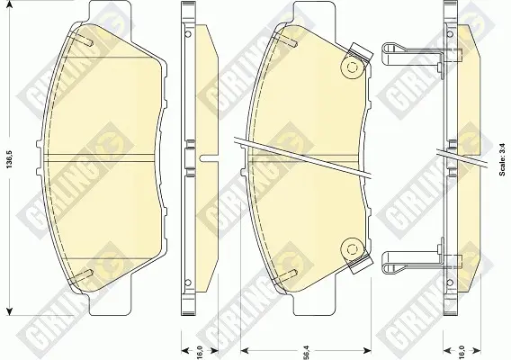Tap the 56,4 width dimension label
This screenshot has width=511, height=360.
pyautogui.click(x=307, y=352)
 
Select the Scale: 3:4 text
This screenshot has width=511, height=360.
pyautogui.click(x=502, y=159)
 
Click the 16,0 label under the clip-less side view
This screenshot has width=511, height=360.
pyautogui.click(x=200, y=352)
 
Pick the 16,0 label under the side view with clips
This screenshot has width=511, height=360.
pyautogui.click(x=462, y=352)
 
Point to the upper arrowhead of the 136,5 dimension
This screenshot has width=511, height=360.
pyautogui.click(x=10, y=4)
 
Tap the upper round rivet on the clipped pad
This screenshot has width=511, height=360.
pyautogui.click(x=352, y=68)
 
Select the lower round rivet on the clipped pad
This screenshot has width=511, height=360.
pyautogui.click(x=352, y=249)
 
